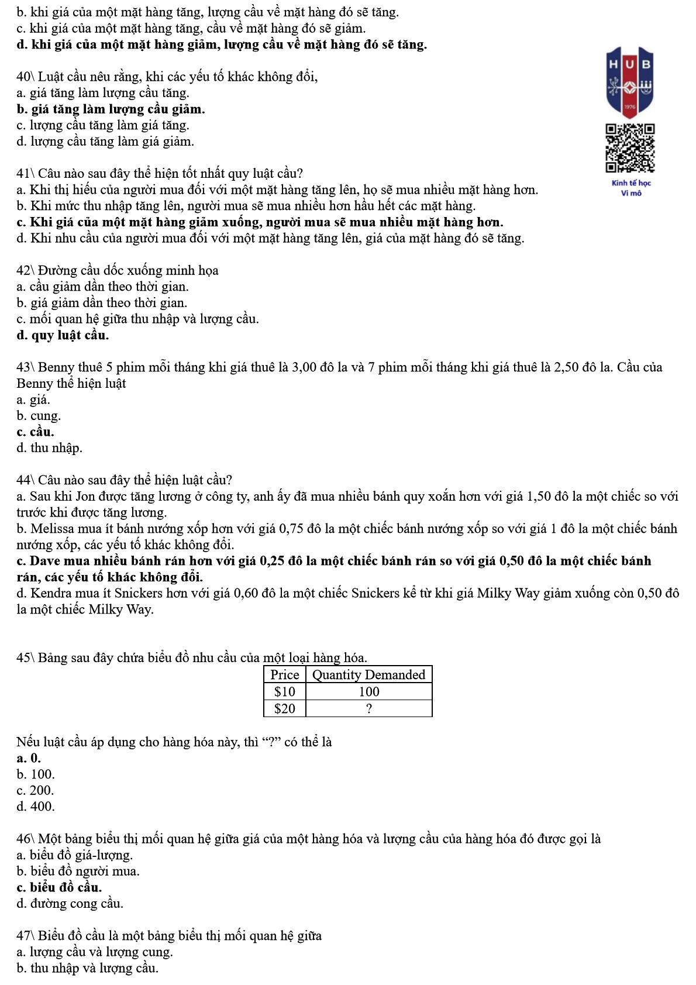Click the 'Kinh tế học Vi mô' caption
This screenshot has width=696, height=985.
pyautogui.click(x=631, y=188)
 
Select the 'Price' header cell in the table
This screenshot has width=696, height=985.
pyautogui.click(x=284, y=674)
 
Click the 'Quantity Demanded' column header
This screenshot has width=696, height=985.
pyautogui.click(x=368, y=674)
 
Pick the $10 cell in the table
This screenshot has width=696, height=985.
pyautogui.click(x=284, y=691)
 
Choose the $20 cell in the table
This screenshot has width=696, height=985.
pyautogui.click(x=284, y=708)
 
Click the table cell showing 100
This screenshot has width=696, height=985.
pyautogui.click(x=368, y=691)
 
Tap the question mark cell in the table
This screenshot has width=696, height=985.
pyautogui.click(x=368, y=708)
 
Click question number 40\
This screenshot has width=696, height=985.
pyautogui.click(x=26, y=77)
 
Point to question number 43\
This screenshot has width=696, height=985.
pyautogui.click(x=26, y=367)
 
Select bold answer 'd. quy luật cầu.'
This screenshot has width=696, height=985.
pyautogui.click(x=63, y=335)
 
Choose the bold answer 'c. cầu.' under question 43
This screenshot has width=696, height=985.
pyautogui.click(x=35, y=432)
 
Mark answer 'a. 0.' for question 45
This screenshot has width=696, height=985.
pyautogui.click(x=29, y=758)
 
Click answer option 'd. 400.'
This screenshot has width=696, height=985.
pyautogui.click(x=36, y=807)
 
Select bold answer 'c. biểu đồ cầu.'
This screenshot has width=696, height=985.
pyautogui.click(x=59, y=887)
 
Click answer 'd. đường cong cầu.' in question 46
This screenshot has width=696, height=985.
pyautogui.click(x=70, y=904)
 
